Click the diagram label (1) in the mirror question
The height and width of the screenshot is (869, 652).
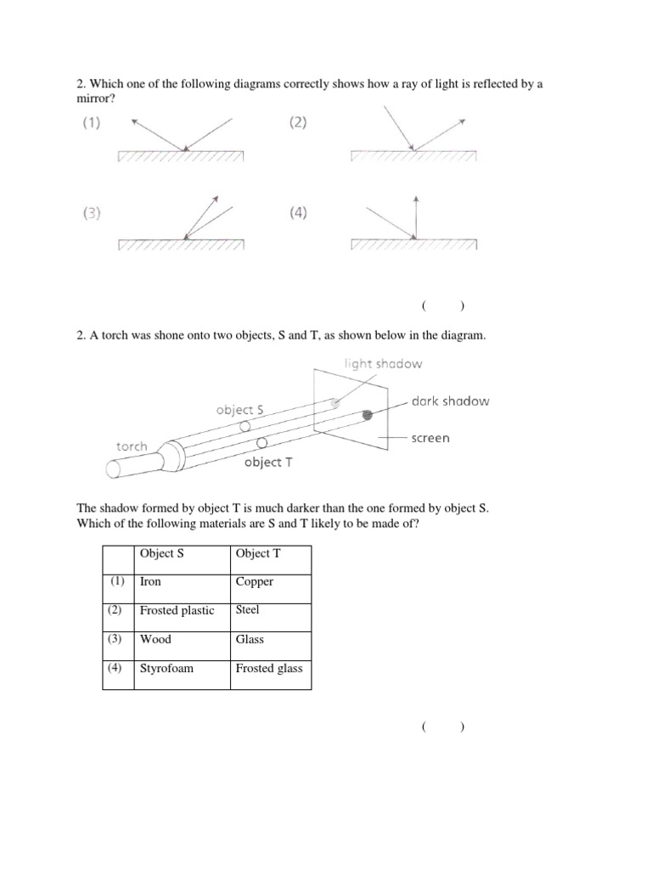pos(91,123)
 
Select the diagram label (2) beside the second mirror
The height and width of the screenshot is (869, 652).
pos(297,123)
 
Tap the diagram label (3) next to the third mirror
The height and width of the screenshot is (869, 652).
pos(91,214)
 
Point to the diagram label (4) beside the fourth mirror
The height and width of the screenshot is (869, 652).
pos(297,214)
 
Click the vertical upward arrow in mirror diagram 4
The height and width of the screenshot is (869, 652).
pos(415,216)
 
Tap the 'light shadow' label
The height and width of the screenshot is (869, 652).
pos(383,364)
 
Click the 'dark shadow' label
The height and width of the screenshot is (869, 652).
pos(450,401)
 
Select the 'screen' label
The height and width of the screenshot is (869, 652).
pos(430,439)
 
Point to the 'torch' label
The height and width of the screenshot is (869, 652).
pos(132,446)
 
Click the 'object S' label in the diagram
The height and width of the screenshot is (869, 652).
pos(239,410)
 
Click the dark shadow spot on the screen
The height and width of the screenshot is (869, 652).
pos(368,415)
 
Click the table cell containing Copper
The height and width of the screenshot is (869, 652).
pos(270,582)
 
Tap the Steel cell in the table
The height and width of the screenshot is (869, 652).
pos(270,611)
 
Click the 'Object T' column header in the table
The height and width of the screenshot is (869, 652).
pos(270,554)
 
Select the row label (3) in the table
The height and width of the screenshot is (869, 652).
pos(117,639)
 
